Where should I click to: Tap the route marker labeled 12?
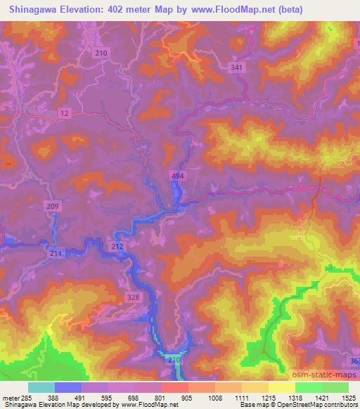click(x=65, y=112)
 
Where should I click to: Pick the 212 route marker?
click(x=117, y=247)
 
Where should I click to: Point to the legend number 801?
click(x=162, y=398)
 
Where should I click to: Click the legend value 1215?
click(x=268, y=398)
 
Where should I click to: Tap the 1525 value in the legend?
click(x=348, y=398)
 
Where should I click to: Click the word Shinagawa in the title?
click(x=33, y=9)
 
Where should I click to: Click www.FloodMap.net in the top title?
click(x=250, y=9)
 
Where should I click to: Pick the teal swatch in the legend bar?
click(x=41, y=387)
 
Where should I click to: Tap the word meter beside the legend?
click(x=10, y=398)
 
